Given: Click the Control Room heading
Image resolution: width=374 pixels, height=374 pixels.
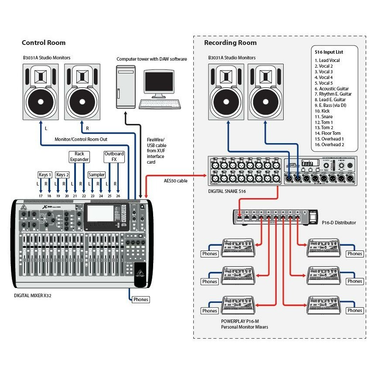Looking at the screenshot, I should click(x=44, y=43).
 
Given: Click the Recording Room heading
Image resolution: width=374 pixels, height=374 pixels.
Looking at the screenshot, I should click(x=230, y=43).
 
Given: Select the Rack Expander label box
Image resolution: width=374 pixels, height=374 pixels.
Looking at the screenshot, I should click(x=79, y=157).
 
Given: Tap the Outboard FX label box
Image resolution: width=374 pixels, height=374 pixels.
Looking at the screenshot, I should click(x=114, y=157).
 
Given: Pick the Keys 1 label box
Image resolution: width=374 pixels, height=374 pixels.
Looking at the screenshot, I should click(x=45, y=175).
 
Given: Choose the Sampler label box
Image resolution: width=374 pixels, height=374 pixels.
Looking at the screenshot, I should click(x=96, y=175).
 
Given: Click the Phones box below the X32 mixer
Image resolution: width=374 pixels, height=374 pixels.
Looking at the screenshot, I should click(x=141, y=299).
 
